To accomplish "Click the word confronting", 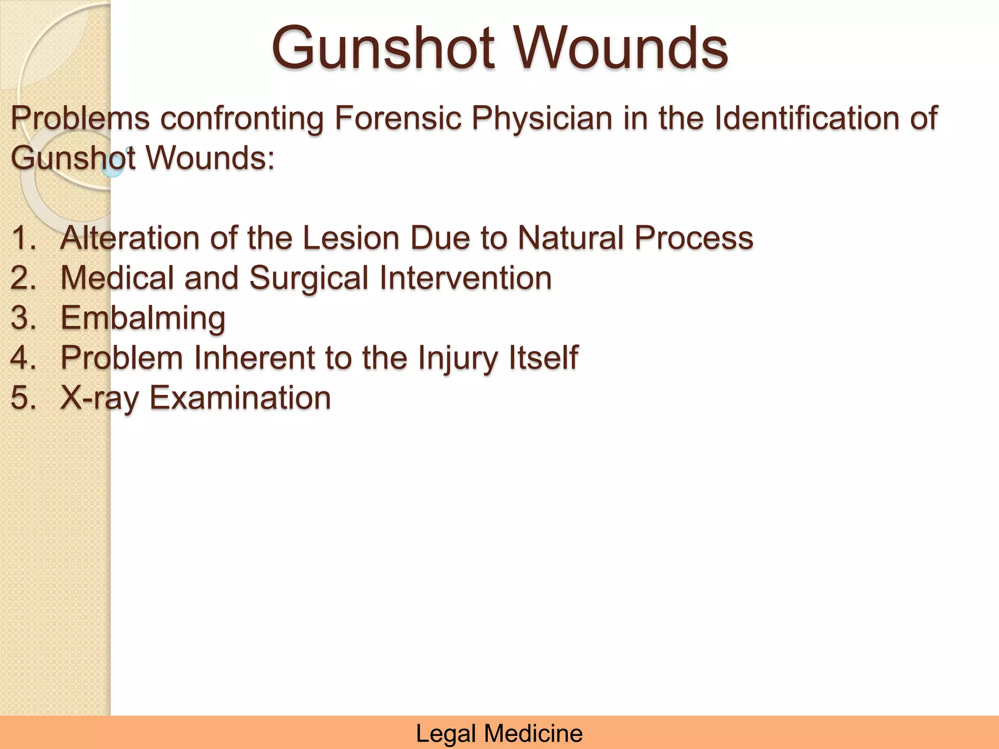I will (x=242, y=119).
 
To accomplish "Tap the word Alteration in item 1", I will (x=130, y=238).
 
